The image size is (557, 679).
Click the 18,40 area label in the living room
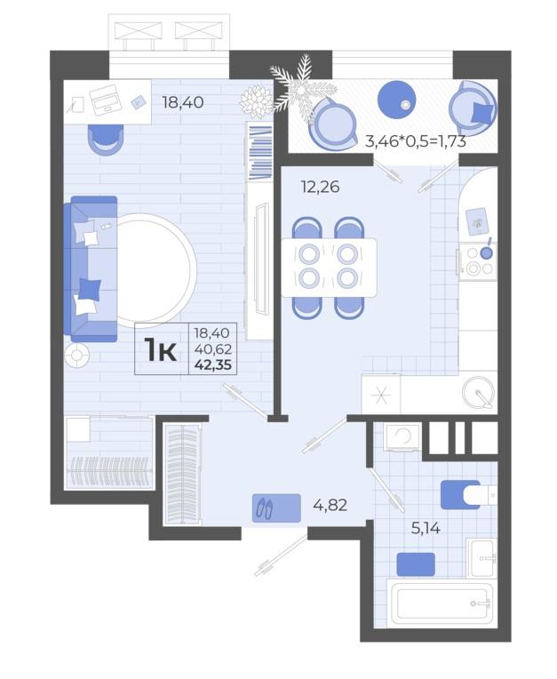pyautogui.click(x=183, y=102)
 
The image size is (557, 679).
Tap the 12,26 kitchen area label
pyautogui.click(x=321, y=187)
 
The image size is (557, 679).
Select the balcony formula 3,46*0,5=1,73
pyautogui.click(x=416, y=141)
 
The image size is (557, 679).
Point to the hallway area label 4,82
pyautogui.click(x=330, y=505)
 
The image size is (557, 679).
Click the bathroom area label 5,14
pyautogui.click(x=426, y=528)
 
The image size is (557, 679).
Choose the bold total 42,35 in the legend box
pyautogui.click(x=213, y=365)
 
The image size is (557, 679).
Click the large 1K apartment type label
pyautogui.click(x=161, y=350)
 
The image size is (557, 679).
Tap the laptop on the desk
pyautogui.click(x=104, y=100)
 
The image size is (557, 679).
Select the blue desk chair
pyautogui.click(x=106, y=139)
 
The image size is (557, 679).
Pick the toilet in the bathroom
pyautogui.click(x=468, y=494)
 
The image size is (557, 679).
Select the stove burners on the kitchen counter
pyautogui.click(x=478, y=260)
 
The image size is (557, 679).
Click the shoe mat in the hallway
pyautogui.click(x=276, y=507)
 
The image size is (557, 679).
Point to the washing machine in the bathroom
pyautogui.click(x=403, y=437)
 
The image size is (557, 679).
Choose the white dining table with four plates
pyautogui.click(x=329, y=268)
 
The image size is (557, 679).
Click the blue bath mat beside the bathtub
pyautogui.click(x=416, y=564)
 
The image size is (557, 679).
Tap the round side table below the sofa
pyautogui.click(x=77, y=356)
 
